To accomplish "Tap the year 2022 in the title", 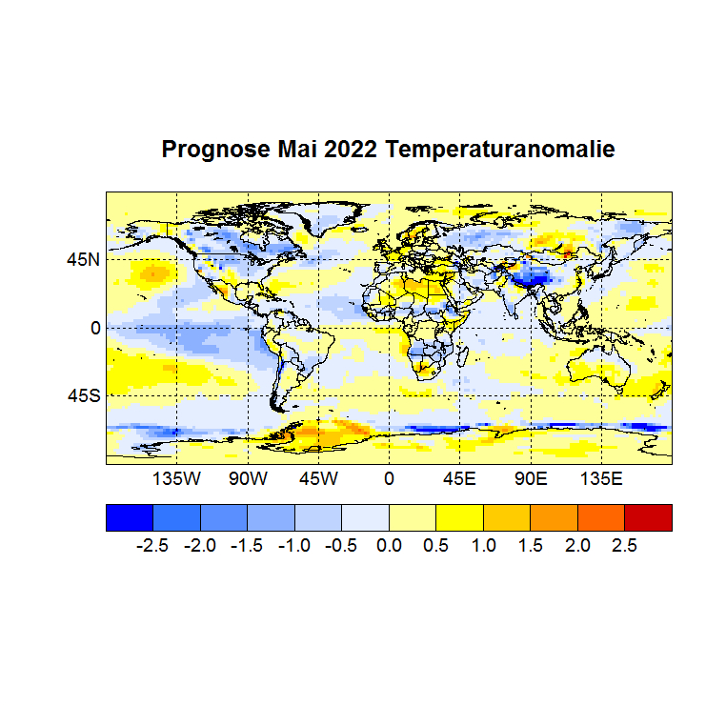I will (353, 150).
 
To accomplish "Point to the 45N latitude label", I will (83, 258).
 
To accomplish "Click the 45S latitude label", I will (83, 395).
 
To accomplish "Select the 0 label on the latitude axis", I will (94, 327).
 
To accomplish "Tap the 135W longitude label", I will (177, 477).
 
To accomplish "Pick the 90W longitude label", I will (248, 477).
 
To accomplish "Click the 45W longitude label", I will (318, 477).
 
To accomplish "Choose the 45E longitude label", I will (459, 477).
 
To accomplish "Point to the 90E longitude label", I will (530, 477).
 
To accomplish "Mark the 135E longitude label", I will (600, 477).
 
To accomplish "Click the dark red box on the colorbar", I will (648, 517).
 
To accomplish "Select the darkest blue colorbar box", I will (129, 517).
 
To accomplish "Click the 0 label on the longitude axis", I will (389, 477).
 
